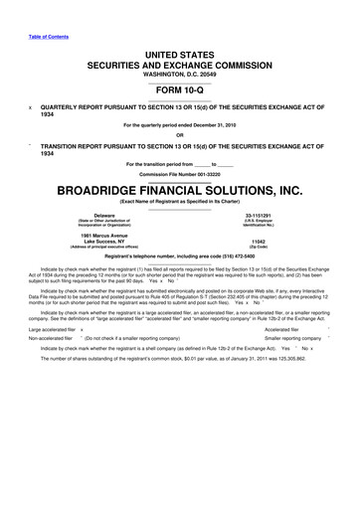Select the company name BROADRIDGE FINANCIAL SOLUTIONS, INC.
(x=179, y=188)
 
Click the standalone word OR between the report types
(x=180, y=135)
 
